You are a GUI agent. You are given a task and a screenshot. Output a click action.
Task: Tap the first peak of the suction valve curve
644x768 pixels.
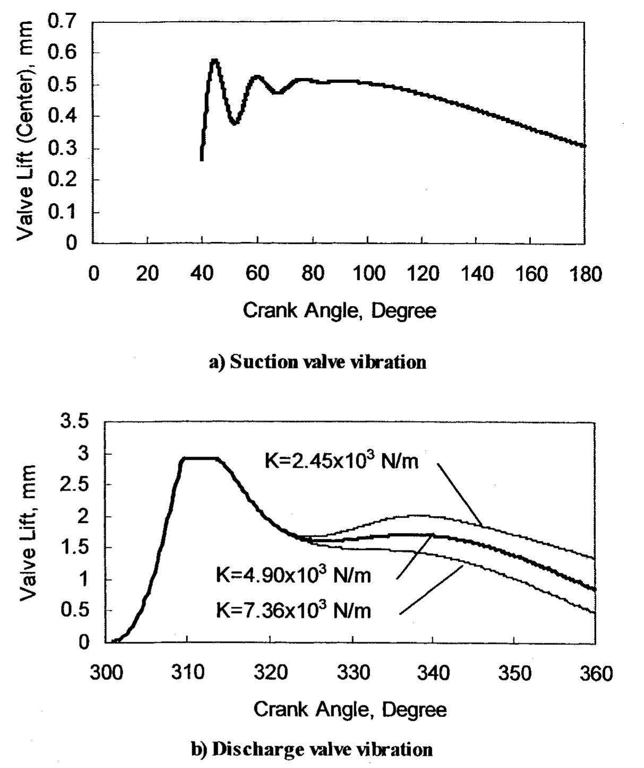coord(214,60)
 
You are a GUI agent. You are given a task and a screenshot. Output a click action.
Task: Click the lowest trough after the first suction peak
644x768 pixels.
coord(235,123)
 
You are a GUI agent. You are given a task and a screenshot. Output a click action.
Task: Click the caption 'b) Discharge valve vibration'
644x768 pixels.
coord(312,749)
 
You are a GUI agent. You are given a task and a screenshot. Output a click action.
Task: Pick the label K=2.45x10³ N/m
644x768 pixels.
coord(341,460)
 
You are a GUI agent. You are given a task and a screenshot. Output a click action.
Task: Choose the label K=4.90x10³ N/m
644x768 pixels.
coord(293,575)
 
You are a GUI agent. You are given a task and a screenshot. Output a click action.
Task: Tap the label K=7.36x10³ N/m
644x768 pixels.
coord(293,611)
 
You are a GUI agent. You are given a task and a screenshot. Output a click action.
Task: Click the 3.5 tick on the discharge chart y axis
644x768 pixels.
coord(75,423)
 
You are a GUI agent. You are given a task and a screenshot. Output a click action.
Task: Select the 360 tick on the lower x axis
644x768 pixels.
coord(595,673)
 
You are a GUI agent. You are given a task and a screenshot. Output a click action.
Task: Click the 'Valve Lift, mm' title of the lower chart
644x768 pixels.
coord(29,533)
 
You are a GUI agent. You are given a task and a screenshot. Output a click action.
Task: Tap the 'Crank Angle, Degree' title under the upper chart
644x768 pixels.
coord(339,310)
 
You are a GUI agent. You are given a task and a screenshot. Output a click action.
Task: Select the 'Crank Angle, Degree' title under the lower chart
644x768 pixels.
coord(350,709)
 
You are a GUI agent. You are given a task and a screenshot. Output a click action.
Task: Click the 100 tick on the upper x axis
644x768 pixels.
coord(368,274)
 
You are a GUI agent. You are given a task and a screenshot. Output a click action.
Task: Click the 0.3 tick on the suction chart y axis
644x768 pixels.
coord(63,149)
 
